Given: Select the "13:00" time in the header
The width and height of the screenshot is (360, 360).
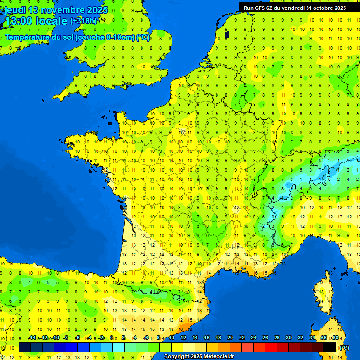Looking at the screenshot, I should (x=19, y=21).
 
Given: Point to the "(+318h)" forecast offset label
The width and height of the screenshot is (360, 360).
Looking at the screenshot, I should (x=83, y=21).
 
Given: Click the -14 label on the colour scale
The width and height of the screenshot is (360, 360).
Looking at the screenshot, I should (x=32, y=338).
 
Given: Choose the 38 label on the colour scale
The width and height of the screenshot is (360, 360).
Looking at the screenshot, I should (x=336, y=338).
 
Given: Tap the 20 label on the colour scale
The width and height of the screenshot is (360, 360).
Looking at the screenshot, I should (x=230, y=338).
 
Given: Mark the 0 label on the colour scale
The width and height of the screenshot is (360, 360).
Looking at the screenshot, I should (x=112, y=338).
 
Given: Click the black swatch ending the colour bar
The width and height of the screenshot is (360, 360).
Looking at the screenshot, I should (x=330, y=347).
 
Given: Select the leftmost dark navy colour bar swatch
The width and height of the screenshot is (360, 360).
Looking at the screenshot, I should (x=25, y=347).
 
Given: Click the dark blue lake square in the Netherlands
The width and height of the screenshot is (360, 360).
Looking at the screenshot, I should (x=227, y=34).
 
